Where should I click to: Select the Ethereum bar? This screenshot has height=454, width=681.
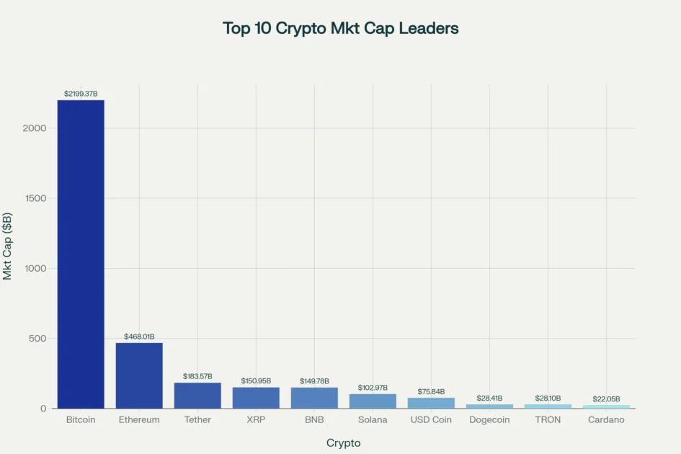139,375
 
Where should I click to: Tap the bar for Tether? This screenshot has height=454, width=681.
197,396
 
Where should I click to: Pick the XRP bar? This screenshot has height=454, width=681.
256,398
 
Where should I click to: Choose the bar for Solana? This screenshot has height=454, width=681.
373,401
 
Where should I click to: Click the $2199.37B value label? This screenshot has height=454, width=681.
81,94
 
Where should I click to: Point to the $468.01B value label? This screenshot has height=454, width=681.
139,337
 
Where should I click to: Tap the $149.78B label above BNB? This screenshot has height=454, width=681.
314,380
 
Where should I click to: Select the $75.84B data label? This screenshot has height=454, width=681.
431,391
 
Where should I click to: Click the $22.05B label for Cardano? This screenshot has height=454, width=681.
606,399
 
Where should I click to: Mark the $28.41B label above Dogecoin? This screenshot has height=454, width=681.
489,398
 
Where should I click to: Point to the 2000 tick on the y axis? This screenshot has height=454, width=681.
35,128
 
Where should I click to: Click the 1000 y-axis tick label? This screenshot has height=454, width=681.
35,269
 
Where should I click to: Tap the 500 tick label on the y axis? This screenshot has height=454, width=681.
37,339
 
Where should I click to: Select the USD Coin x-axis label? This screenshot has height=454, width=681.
431,420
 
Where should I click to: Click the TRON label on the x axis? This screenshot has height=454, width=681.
548,420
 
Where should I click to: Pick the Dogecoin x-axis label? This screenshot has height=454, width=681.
489,420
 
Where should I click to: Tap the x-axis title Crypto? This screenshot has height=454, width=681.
343,442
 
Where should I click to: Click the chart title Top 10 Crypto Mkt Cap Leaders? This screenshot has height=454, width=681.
340,28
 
